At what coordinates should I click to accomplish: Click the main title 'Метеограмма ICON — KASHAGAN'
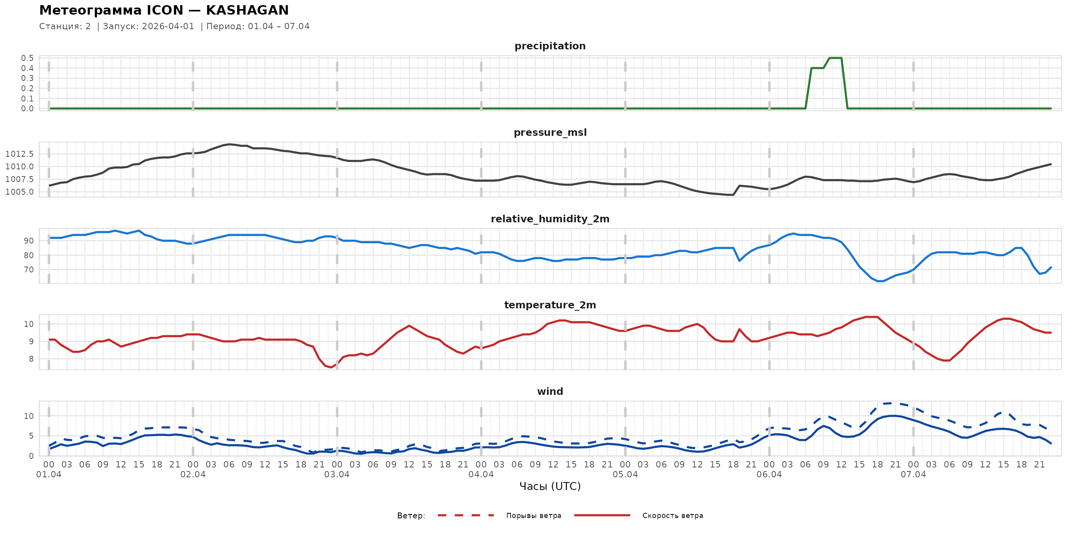164,10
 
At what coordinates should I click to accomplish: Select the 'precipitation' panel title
550,46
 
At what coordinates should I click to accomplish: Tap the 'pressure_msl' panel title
550,132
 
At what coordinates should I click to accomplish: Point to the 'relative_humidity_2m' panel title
550,219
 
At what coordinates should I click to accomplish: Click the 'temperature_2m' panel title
550,305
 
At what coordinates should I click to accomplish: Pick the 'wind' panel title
550,392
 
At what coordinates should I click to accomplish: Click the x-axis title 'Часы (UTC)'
550,486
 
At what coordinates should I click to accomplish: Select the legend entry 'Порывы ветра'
533,516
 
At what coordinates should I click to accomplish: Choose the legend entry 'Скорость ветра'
672,516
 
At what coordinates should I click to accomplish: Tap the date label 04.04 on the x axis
481,475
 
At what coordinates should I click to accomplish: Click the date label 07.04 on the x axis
913,475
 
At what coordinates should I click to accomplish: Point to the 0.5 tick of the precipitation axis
27,58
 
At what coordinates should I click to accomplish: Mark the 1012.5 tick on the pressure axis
19,154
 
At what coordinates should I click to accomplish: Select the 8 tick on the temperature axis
31,359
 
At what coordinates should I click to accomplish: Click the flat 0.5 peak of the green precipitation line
835,58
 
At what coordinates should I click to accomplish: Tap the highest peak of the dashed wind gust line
890,403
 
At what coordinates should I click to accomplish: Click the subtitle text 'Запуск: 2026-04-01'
148,26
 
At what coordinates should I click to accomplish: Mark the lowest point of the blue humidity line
880,281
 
